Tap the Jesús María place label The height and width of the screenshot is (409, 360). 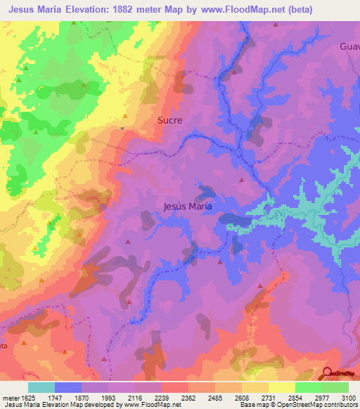[x=187, y=207]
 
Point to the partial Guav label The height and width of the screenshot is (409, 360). [x=349, y=46]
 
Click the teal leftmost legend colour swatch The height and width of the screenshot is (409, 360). [x=41, y=387]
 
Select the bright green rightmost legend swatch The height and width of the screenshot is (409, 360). [x=335, y=387]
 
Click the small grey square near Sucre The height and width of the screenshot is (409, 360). [x=122, y=128]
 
